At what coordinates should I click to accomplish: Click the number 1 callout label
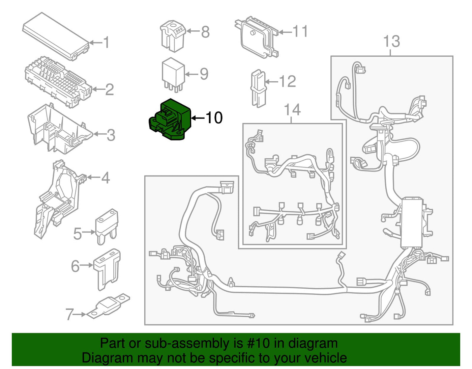pyautogui.click(x=106, y=42)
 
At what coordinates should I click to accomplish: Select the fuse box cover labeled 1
pyautogui.click(x=56, y=36)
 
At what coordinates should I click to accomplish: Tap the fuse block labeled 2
pyautogui.click(x=58, y=82)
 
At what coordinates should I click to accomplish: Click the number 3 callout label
pyautogui.click(x=111, y=135)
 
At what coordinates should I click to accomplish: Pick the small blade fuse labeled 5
pyautogui.click(x=107, y=227)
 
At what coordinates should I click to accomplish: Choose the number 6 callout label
pyautogui.click(x=76, y=266)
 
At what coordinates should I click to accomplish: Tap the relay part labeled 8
pyautogui.click(x=173, y=36)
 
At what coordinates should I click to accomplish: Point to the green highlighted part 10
pyautogui.click(x=170, y=120)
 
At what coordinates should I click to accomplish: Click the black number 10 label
pyautogui.click(x=214, y=117)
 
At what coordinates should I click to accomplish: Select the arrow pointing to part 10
pyautogui.click(x=199, y=118)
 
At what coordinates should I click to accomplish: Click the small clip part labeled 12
pyautogui.click(x=259, y=88)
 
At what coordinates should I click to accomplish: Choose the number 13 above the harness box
pyautogui.click(x=391, y=41)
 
